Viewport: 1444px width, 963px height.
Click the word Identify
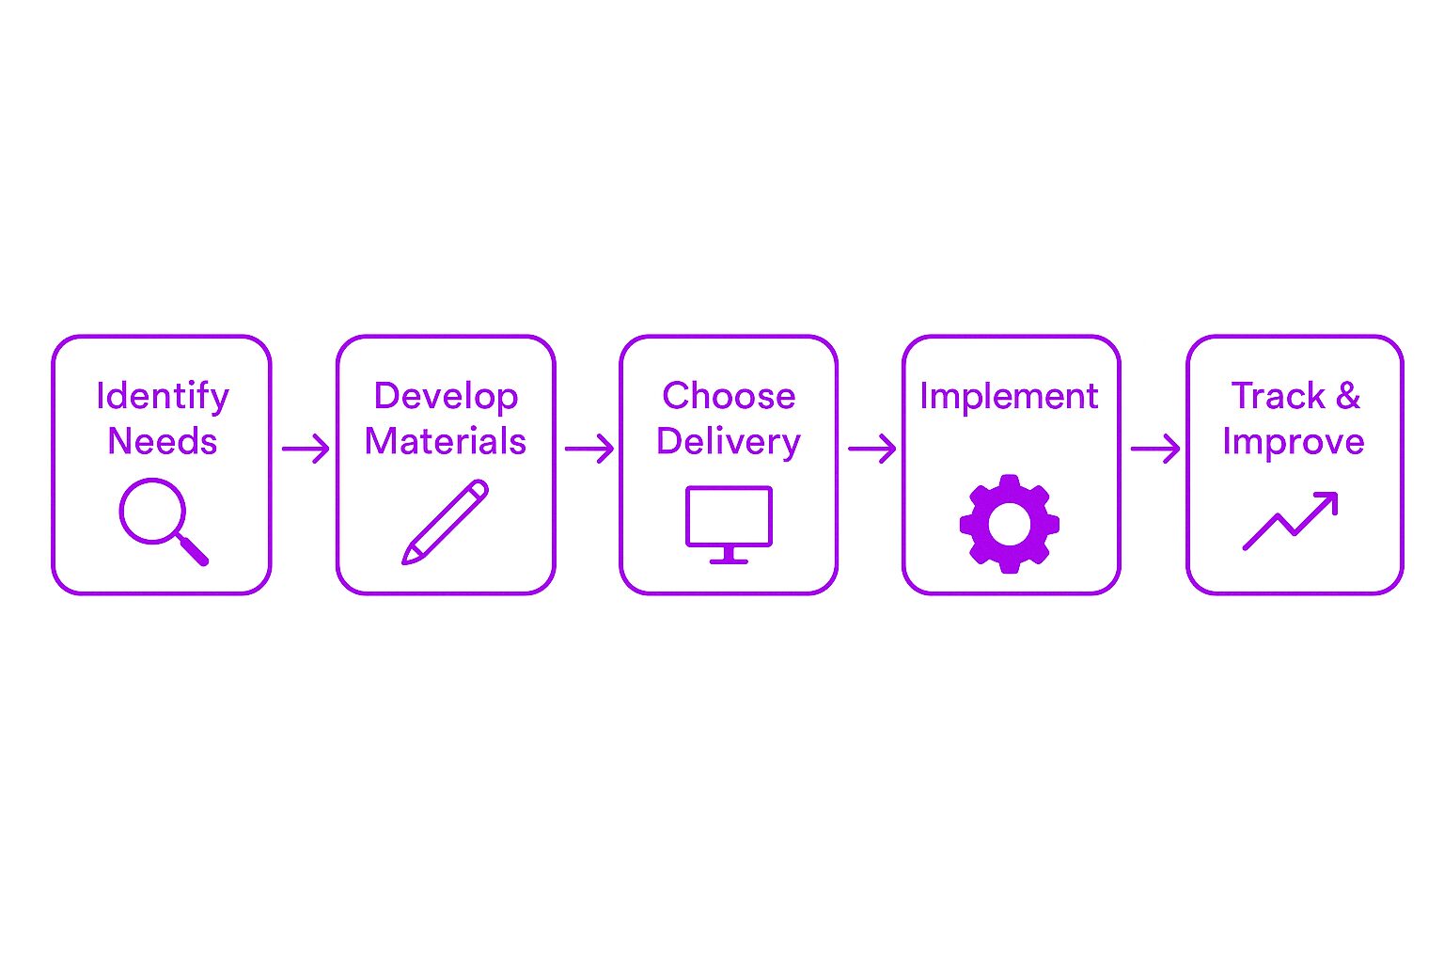(163, 397)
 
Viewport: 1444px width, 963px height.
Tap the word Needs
(163, 442)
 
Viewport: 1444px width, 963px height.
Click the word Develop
(447, 397)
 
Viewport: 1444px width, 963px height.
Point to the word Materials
(446, 442)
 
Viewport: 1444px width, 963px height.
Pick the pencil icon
(446, 522)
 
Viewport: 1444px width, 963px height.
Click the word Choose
(729, 395)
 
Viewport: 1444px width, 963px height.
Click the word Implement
(1009, 397)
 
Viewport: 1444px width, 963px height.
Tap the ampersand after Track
(1348, 395)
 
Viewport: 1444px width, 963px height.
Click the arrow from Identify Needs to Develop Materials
(306, 449)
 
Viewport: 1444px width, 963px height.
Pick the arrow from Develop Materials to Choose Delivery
(589, 449)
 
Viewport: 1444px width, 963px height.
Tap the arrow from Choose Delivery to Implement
(872, 449)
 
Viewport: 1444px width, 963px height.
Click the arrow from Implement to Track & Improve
(1155, 449)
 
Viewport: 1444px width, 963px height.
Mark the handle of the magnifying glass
(193, 550)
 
